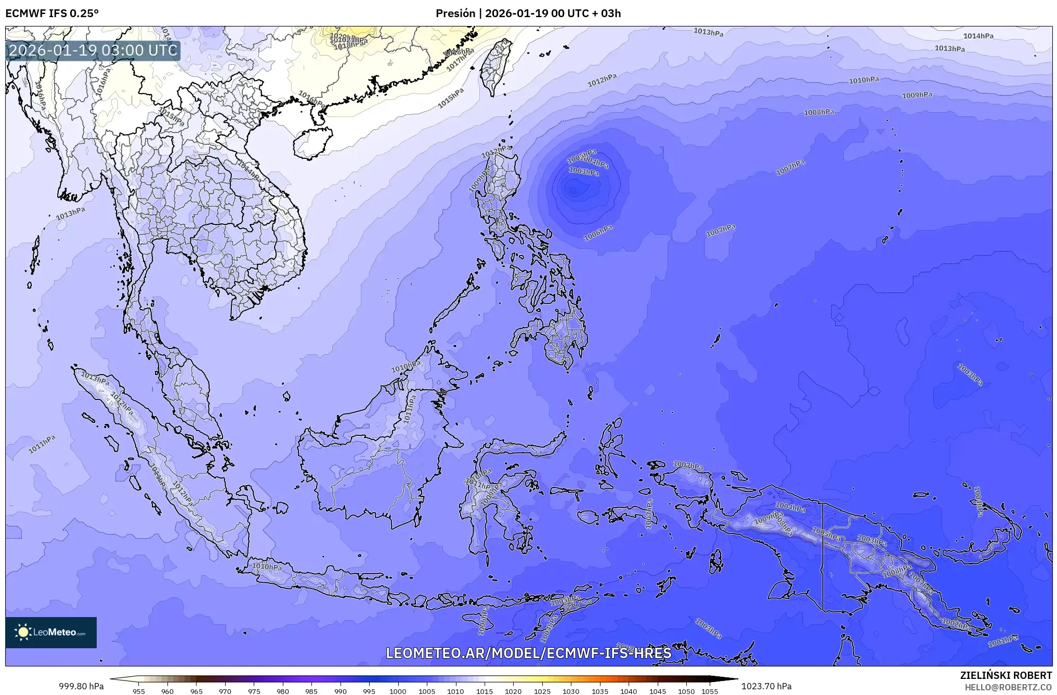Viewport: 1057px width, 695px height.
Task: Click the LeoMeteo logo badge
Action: click(x=51, y=632)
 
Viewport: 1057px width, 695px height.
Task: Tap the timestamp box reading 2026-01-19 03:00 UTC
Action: click(x=93, y=50)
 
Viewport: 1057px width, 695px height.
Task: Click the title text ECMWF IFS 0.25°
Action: click(x=51, y=13)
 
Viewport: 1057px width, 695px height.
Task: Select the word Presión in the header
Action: click(x=455, y=13)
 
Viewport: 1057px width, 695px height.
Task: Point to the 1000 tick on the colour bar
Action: click(x=398, y=690)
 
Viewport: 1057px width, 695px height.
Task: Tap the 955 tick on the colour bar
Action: click(x=139, y=690)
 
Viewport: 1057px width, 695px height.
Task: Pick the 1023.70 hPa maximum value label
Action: click(x=766, y=686)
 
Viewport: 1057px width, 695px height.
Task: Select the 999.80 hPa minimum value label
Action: click(x=81, y=686)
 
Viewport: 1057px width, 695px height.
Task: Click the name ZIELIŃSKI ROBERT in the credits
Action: click(x=1006, y=675)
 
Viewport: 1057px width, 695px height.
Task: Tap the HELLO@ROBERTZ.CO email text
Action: click(x=1008, y=687)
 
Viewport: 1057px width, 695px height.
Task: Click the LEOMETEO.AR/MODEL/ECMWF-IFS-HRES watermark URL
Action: click(x=528, y=653)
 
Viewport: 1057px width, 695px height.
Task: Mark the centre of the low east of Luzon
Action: click(x=573, y=190)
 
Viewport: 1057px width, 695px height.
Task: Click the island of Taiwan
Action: click(x=494, y=68)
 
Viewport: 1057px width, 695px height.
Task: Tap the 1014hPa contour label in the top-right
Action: click(x=978, y=36)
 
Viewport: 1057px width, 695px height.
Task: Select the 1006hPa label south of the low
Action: click(x=598, y=233)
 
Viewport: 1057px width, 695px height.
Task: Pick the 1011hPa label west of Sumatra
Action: click(x=42, y=444)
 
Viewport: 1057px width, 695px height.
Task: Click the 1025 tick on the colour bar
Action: click(x=542, y=690)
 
